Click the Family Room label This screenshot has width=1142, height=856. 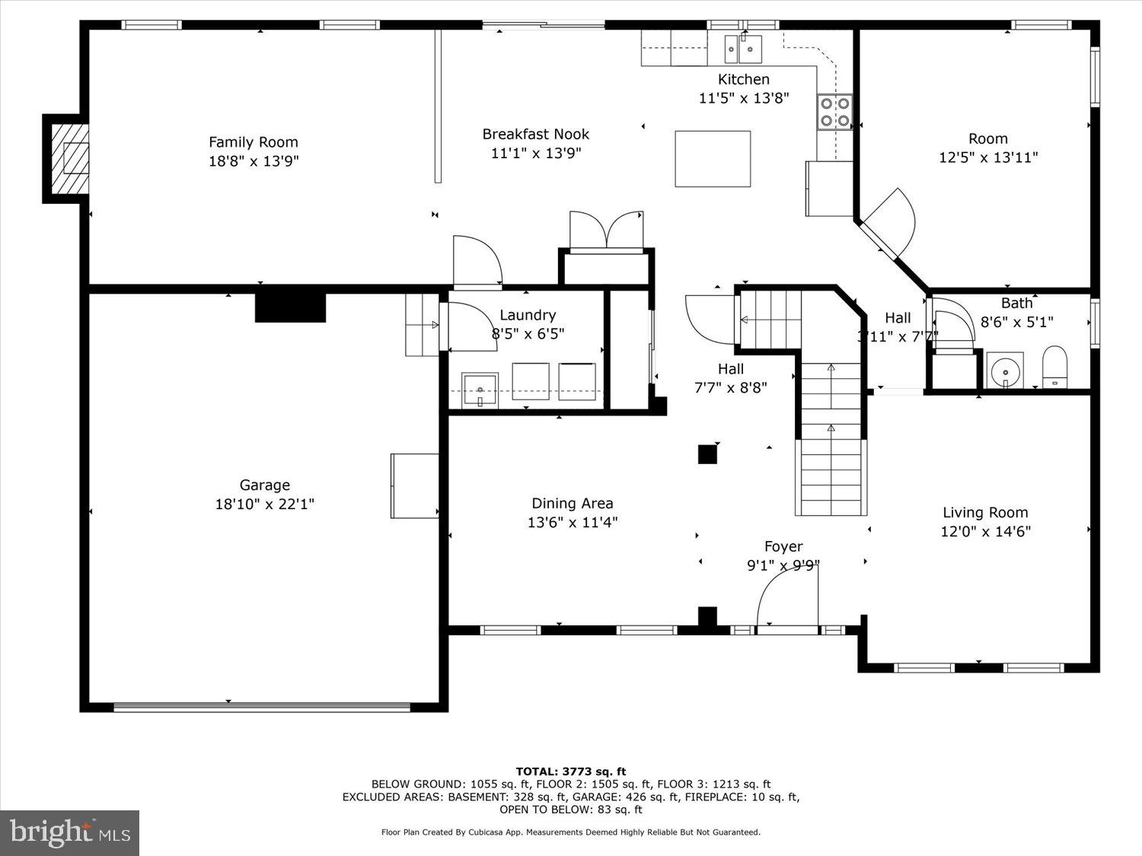click(x=253, y=142)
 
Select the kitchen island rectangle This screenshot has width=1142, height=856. click(x=713, y=158)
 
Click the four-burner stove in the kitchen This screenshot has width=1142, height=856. click(x=835, y=112)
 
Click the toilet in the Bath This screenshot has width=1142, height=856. click(x=1054, y=367)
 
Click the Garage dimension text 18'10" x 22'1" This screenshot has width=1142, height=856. click(x=264, y=504)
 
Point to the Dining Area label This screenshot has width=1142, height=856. click(x=572, y=503)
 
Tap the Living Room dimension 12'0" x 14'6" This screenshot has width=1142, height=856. click(x=985, y=532)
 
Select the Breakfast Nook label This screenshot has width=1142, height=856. click(x=535, y=135)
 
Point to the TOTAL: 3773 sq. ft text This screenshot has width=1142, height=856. click(x=570, y=772)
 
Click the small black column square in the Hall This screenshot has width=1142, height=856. click(x=707, y=454)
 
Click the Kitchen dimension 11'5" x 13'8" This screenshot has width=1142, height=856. click(x=743, y=98)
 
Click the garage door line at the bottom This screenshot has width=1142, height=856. click(x=262, y=707)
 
